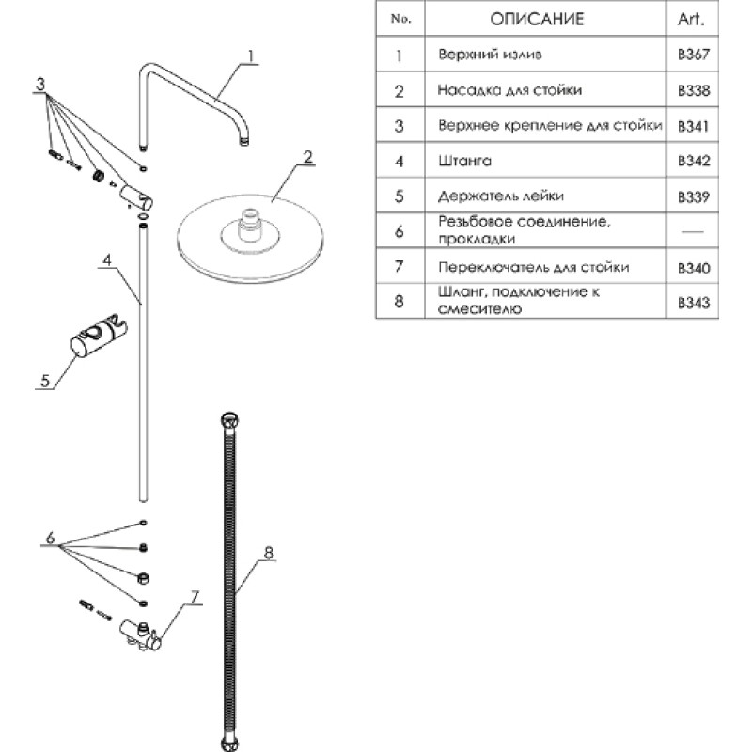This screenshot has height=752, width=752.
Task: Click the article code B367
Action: (693, 55)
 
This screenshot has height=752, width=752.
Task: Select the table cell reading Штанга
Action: (464, 161)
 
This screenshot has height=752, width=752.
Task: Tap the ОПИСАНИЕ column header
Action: (537, 19)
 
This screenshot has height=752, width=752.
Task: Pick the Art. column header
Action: (691, 19)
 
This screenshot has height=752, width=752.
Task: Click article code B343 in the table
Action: (693, 303)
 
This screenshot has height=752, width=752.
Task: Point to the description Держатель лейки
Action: (501, 196)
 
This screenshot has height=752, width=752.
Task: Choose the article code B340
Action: (693, 268)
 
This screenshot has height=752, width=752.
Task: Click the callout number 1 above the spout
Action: (250, 56)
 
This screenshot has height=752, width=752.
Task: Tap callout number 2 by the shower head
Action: (307, 157)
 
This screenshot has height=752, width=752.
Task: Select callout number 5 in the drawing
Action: (45, 381)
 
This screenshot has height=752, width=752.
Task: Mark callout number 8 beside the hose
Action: (268, 553)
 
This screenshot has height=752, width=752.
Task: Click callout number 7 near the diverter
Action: (195, 598)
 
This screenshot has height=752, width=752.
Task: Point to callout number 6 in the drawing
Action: (51, 538)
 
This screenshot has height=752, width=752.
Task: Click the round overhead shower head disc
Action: (250, 239)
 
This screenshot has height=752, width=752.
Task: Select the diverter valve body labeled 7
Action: (141, 635)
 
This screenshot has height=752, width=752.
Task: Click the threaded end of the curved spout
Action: (244, 140)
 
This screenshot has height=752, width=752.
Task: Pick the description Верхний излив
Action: (490, 55)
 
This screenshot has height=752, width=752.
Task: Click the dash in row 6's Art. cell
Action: (693, 231)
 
